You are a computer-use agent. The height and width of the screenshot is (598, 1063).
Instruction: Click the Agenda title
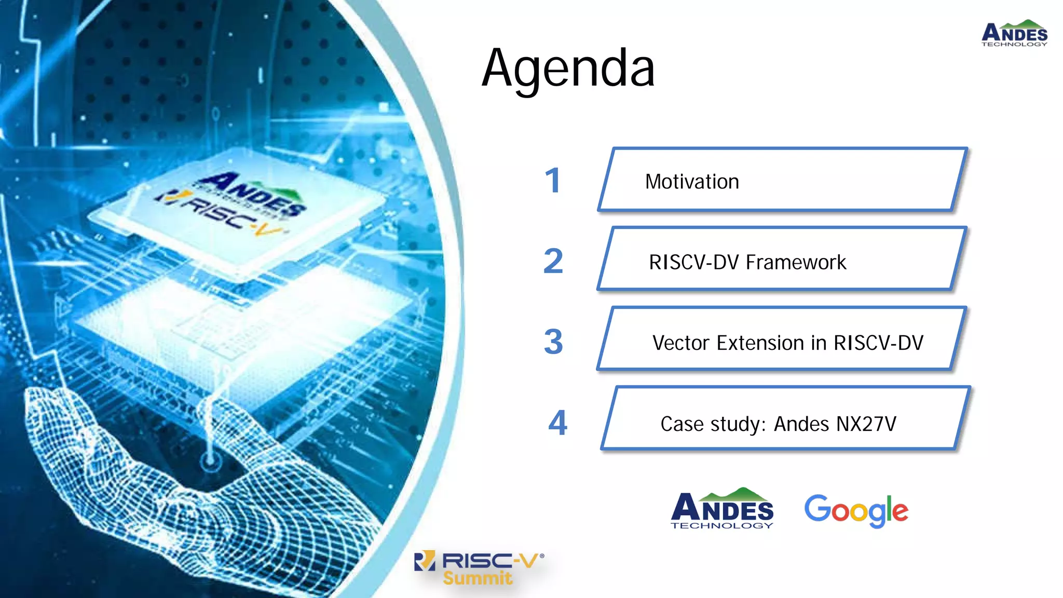568,69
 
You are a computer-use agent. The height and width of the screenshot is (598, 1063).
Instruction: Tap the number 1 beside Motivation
553,181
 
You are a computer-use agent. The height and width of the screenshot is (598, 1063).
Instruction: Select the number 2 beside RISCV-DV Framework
553,261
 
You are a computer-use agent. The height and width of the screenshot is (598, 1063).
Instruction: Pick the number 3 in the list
553,342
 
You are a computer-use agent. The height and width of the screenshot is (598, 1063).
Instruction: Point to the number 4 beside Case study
558,423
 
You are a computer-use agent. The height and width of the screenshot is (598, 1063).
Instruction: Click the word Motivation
692,182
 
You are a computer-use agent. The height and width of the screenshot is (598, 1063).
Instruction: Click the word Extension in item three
761,343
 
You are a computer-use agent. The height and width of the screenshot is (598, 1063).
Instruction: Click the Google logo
856,511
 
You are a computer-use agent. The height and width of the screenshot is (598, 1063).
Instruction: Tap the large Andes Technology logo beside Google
722,509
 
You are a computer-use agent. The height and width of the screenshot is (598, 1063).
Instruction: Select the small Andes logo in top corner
1014,34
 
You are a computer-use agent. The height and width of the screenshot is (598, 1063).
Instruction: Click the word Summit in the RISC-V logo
477,578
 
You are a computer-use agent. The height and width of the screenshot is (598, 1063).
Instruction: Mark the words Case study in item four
713,424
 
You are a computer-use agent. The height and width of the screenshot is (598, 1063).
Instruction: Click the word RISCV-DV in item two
693,262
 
